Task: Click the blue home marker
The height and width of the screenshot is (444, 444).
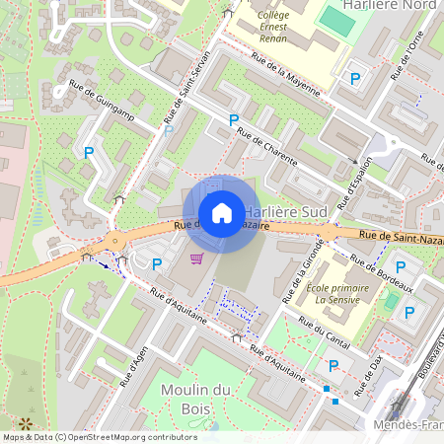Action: point(222,212)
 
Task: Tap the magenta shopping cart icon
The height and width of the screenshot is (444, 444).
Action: point(196,259)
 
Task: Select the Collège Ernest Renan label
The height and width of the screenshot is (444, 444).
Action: point(272,28)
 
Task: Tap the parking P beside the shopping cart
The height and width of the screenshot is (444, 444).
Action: point(157,263)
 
